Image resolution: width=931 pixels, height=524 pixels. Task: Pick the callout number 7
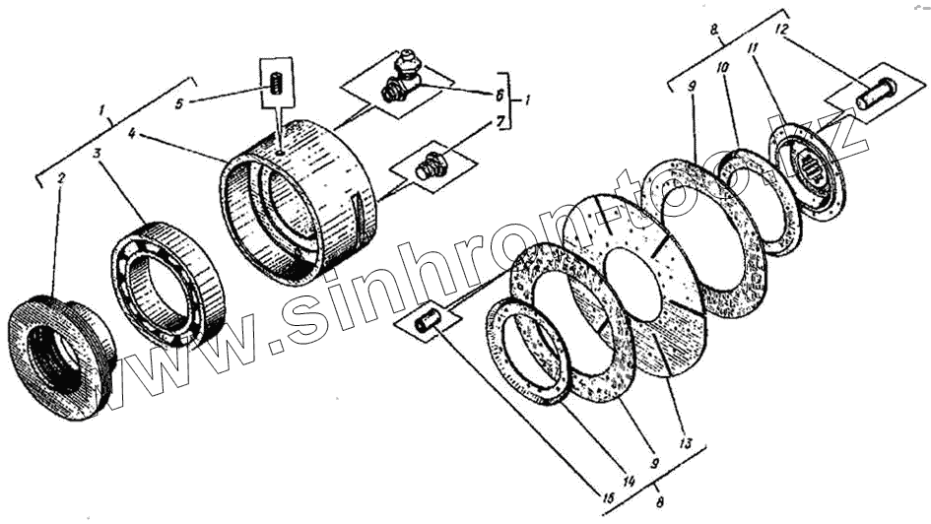click(499, 121)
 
